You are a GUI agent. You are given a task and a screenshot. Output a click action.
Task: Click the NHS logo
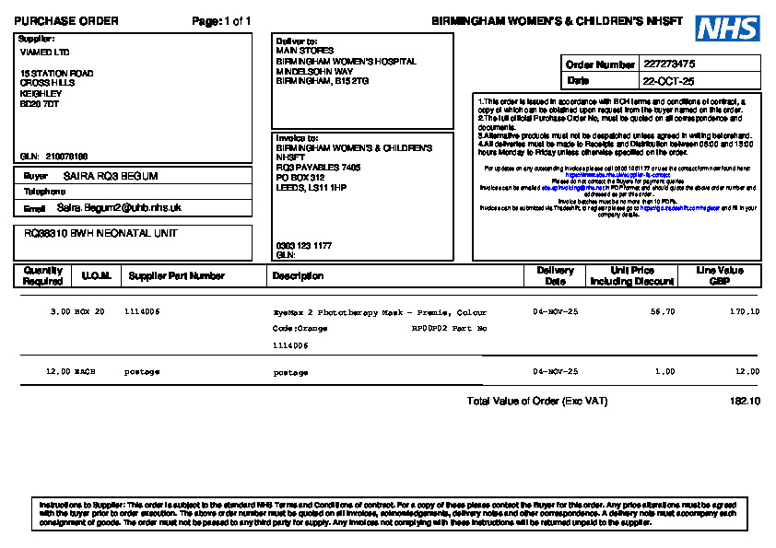727,29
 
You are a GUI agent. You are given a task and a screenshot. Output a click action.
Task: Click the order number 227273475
669,64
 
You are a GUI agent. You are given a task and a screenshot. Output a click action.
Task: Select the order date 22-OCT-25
669,81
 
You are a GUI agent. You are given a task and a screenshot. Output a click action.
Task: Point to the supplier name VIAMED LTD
44,52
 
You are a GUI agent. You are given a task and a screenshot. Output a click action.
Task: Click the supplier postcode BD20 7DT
40,103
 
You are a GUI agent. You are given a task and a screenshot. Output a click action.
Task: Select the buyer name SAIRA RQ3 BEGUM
111,176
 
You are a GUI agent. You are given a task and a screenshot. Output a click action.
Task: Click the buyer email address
119,208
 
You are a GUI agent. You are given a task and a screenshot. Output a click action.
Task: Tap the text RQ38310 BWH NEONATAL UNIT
100,234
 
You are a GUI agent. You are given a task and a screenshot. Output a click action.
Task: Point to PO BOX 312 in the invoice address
300,177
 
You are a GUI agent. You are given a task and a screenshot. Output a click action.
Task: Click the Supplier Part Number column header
176,275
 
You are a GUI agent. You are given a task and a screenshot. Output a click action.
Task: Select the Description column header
298,275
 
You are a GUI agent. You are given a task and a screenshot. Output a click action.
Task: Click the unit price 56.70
662,312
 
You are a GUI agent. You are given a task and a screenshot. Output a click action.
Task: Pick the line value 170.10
745,312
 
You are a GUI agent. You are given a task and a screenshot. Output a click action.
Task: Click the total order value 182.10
745,402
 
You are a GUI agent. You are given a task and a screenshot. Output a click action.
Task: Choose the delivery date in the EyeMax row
555,312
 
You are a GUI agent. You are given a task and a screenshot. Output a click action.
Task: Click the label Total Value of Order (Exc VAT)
537,402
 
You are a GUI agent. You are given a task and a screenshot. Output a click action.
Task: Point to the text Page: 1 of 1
221,21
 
